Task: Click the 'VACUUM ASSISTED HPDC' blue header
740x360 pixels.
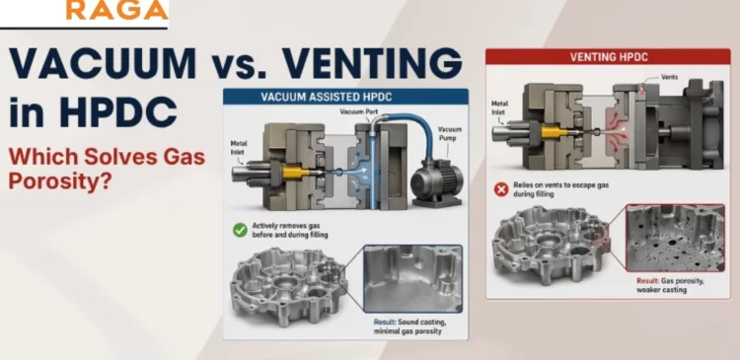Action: click(x=347, y=98)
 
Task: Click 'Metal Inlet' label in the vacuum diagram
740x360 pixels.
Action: click(x=240, y=149)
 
